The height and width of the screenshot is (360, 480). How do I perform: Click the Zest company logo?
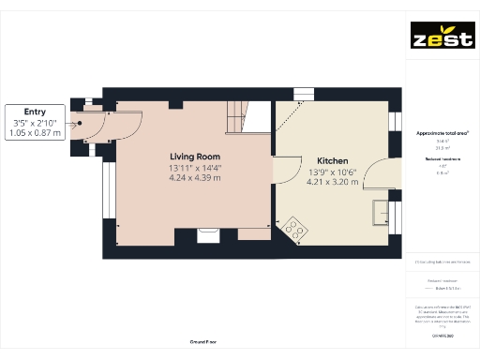(441, 38)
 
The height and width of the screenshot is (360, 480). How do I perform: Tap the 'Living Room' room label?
(195, 156)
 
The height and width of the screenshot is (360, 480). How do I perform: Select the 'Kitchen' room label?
(333, 161)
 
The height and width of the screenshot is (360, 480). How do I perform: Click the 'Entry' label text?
(36, 112)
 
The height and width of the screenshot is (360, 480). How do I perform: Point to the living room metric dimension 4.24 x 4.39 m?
(195, 177)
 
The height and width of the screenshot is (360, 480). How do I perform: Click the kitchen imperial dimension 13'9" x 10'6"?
(333, 172)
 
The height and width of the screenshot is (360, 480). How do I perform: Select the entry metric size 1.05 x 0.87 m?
(36, 133)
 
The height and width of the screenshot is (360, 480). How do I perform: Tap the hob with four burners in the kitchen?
(296, 228)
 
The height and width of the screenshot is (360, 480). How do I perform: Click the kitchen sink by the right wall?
(382, 213)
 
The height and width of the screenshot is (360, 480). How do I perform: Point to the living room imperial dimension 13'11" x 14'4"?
(195, 167)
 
